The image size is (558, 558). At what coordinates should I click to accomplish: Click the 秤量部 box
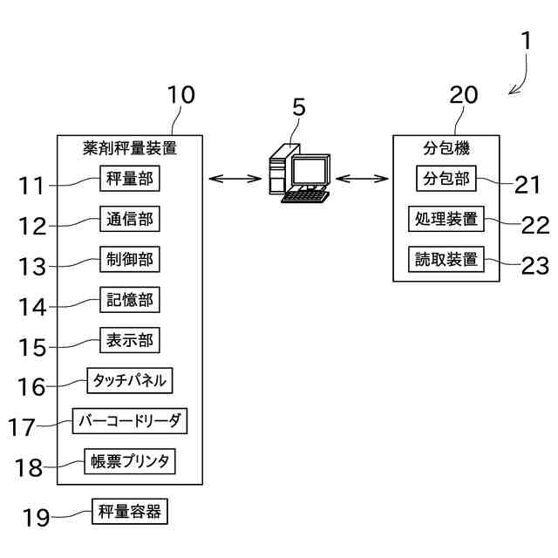point(130,178)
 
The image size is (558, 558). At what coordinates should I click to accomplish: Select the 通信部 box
point(130,219)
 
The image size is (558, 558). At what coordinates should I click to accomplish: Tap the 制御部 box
point(130,259)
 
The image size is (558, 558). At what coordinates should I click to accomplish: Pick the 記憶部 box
point(130,300)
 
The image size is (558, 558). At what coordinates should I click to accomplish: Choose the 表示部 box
point(130,340)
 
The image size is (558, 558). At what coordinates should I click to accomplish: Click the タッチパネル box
point(130,380)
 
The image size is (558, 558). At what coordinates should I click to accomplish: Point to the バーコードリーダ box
point(130,421)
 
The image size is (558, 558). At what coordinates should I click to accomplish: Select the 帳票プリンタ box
point(130,461)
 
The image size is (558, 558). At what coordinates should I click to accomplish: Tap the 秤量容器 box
point(130,512)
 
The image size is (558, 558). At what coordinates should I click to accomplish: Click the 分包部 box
point(446,178)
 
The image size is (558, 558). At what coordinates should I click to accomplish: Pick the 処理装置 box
point(446,219)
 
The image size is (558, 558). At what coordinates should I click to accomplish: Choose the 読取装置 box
point(446,259)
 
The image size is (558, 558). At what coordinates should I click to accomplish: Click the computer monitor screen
point(310,171)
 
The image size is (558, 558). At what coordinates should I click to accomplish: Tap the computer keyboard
point(305,197)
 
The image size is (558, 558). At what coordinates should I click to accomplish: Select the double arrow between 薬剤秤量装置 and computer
point(235,178)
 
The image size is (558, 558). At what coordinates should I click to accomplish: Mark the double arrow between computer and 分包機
point(362,178)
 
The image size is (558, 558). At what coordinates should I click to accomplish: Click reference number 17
point(22,427)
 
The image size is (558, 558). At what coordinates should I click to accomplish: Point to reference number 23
point(535,266)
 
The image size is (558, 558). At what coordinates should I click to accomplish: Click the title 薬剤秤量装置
point(130,148)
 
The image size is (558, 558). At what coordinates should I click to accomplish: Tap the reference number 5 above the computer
point(299,107)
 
